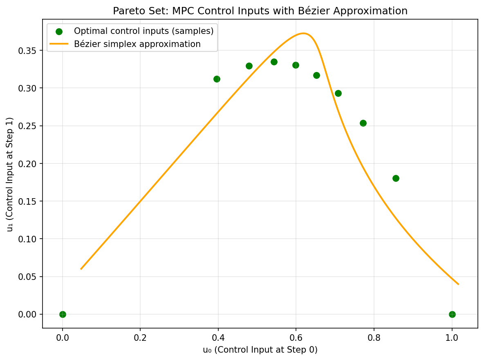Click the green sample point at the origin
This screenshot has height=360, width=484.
pos(63,314)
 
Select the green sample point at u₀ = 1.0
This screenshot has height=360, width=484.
pos(452,314)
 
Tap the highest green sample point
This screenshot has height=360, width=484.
pos(274,62)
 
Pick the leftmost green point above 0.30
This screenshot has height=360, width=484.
pos(217,79)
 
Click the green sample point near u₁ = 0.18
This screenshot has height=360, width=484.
pos(396,178)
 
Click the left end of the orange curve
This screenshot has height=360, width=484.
pos(81,269)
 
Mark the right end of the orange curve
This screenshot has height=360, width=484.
pos(458,284)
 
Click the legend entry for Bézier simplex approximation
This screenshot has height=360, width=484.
pos(137,44)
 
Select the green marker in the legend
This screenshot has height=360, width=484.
pos(59,31)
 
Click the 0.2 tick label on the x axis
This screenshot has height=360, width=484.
pos(140,338)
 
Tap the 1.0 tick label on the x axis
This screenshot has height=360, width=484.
pos(452,338)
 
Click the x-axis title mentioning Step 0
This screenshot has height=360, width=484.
pos(260,350)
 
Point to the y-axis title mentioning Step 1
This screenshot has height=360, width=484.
pos(10,174)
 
